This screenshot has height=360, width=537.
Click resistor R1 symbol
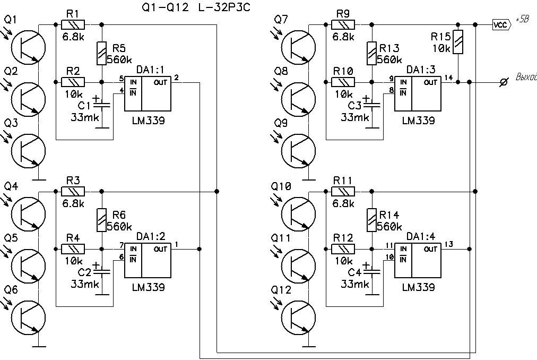pos(74,24)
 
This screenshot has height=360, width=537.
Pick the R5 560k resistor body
pos(101,53)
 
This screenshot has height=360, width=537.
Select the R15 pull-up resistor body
pos(459,42)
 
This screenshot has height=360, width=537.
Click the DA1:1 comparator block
pos(148,93)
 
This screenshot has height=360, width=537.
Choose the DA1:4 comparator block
pos(417,260)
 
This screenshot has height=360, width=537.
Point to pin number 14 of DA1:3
pos(449,78)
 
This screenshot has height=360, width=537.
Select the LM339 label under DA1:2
pos(149,287)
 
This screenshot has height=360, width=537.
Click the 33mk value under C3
pos(355,117)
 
